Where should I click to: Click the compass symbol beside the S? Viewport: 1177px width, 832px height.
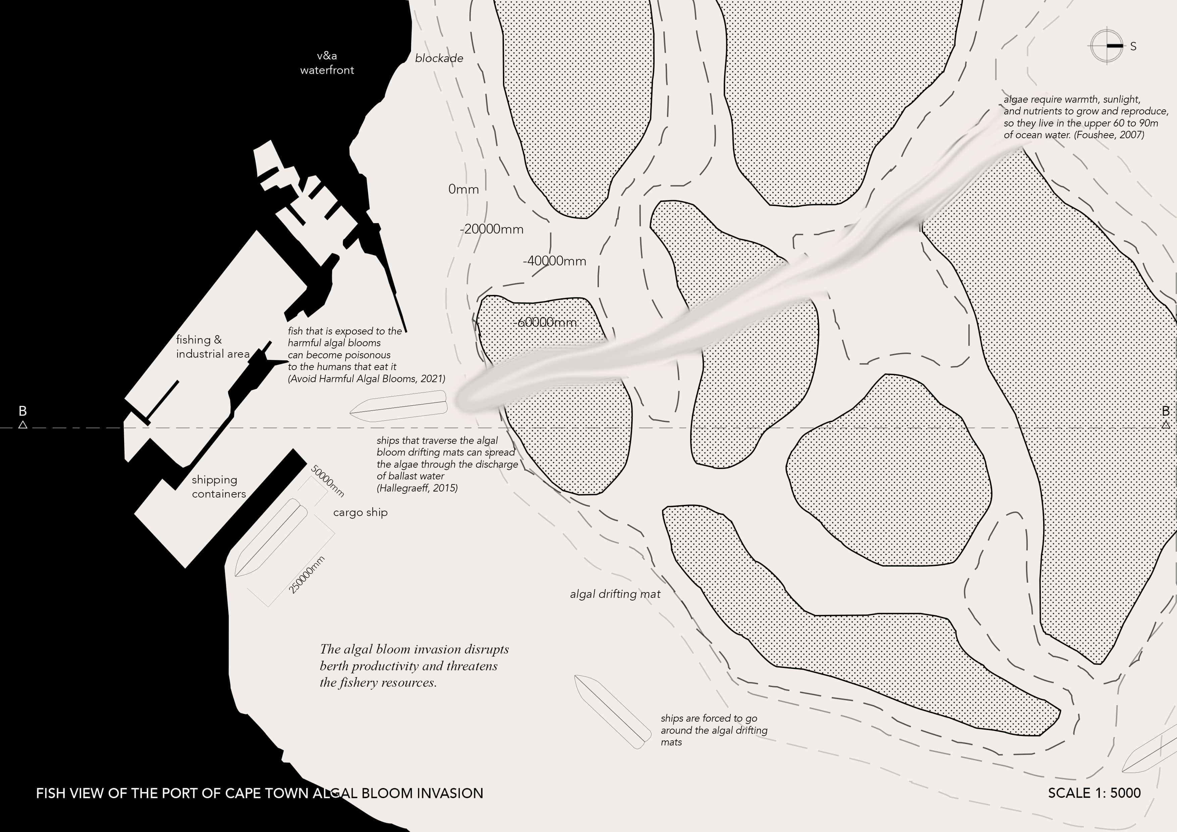[x=1106, y=46]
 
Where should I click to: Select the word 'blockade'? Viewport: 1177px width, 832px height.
[x=439, y=58]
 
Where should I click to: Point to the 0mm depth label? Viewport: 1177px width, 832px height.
[x=463, y=189]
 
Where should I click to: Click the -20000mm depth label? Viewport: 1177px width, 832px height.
[x=492, y=229]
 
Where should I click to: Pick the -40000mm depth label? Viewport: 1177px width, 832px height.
[x=554, y=261]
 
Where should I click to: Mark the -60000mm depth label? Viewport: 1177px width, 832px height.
[x=545, y=322]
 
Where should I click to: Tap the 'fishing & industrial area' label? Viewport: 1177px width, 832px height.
[x=212, y=347]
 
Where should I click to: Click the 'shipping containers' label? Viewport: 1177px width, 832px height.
[x=218, y=486]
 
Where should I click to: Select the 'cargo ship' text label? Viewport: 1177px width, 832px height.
[x=360, y=512]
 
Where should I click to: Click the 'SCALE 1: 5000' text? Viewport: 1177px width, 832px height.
[x=1094, y=793]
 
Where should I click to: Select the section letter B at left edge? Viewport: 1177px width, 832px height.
[x=22, y=411]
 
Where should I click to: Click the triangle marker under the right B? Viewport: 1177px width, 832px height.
[x=1166, y=424]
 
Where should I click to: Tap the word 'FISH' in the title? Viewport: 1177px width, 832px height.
[x=50, y=793]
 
